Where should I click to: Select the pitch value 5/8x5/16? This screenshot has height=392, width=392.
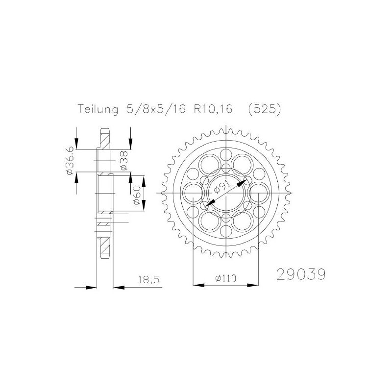coord(153,110)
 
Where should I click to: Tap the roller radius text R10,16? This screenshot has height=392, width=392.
coord(214,110)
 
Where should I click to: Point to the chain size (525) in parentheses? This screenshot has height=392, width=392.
coord(265,110)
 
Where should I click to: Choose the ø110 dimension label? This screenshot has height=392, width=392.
coord(225,278)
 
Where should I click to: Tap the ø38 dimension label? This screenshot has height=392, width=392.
coord(123,161)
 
